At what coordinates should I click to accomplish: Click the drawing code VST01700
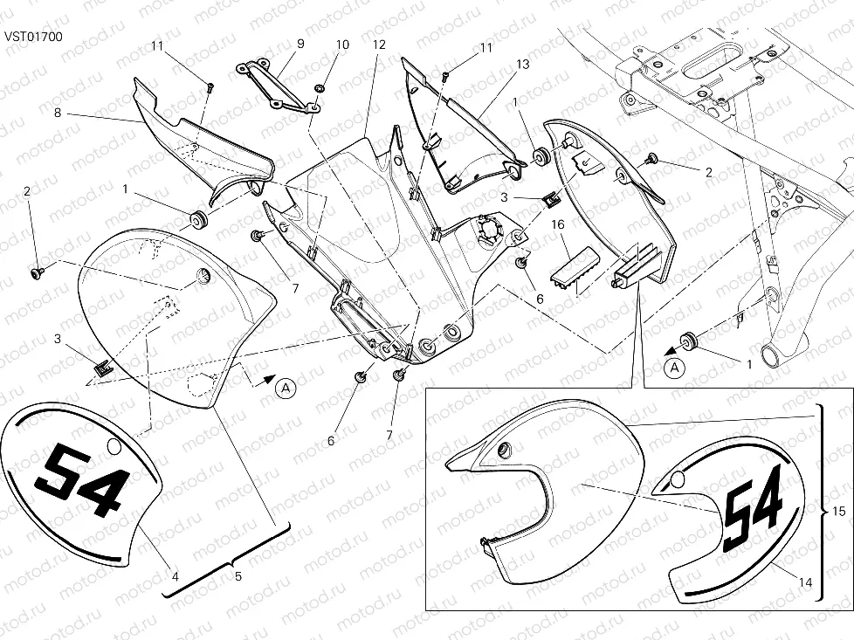pyautogui.click(x=34, y=37)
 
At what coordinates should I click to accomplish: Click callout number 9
pyautogui.click(x=300, y=44)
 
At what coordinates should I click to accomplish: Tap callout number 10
pyautogui.click(x=342, y=45)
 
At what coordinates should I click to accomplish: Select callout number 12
pyautogui.click(x=379, y=45)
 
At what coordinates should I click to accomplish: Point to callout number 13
pyautogui.click(x=522, y=65)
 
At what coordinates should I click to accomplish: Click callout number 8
pyautogui.click(x=58, y=114)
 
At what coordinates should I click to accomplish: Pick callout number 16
pyautogui.click(x=557, y=224)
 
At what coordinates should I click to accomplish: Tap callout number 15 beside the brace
pyautogui.click(x=839, y=511)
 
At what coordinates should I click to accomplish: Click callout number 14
pyautogui.click(x=805, y=582)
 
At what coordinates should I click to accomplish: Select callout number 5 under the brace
pyautogui.click(x=238, y=575)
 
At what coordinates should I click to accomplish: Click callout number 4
pyautogui.click(x=176, y=575)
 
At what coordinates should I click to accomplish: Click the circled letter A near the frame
pyautogui.click(x=675, y=368)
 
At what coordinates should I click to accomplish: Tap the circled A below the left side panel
pyautogui.click(x=286, y=388)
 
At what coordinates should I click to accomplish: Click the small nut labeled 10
pyautogui.click(x=320, y=88)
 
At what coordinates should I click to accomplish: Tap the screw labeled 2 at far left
pyautogui.click(x=38, y=272)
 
